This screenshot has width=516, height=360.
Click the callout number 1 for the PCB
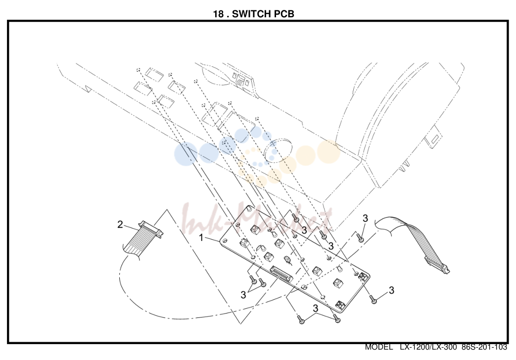click(201, 237)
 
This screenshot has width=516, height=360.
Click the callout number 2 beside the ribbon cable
click(120, 225)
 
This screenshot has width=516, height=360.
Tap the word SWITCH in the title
click(252, 14)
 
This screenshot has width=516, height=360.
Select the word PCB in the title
click(284, 14)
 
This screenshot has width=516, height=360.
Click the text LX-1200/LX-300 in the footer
click(428, 347)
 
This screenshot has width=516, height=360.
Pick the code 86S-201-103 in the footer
click(484, 347)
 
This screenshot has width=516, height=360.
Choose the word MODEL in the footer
click(379, 347)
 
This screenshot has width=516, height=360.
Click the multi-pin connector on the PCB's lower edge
click(281, 275)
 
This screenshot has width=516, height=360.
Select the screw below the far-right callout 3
click(360, 237)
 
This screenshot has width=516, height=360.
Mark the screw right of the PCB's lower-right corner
click(373, 299)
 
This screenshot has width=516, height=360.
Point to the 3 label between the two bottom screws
click(315, 309)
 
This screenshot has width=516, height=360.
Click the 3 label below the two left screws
click(243, 295)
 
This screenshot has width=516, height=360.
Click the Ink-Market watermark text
click(257, 217)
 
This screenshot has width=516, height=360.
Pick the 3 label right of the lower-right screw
click(391, 290)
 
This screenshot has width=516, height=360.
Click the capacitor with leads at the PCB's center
click(288, 260)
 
